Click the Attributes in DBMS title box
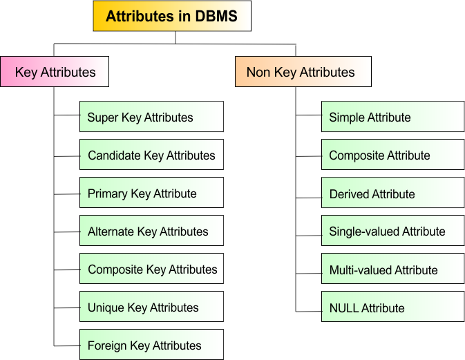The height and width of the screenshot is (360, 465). click(172, 16)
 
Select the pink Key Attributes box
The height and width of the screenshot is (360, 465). click(55, 71)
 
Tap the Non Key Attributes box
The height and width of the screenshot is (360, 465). click(303, 71)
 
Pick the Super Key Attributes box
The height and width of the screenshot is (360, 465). click(151, 117)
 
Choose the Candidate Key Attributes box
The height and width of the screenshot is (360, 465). click(151, 155)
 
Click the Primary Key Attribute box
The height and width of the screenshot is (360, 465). click(151, 193)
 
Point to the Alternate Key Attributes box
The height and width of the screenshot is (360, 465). click(151, 230)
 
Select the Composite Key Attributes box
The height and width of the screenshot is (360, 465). click(151, 268)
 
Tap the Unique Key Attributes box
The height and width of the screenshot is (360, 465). click(151, 306)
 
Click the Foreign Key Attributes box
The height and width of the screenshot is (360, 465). click(151, 344)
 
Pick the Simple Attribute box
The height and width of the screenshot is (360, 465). click(393, 117)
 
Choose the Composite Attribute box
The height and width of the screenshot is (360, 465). click(393, 155)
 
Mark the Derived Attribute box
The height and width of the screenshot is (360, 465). click(393, 193)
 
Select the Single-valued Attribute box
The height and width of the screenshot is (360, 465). click(393, 230)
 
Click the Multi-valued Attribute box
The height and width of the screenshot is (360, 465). click(393, 268)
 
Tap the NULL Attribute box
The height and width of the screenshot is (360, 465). click(393, 306)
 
